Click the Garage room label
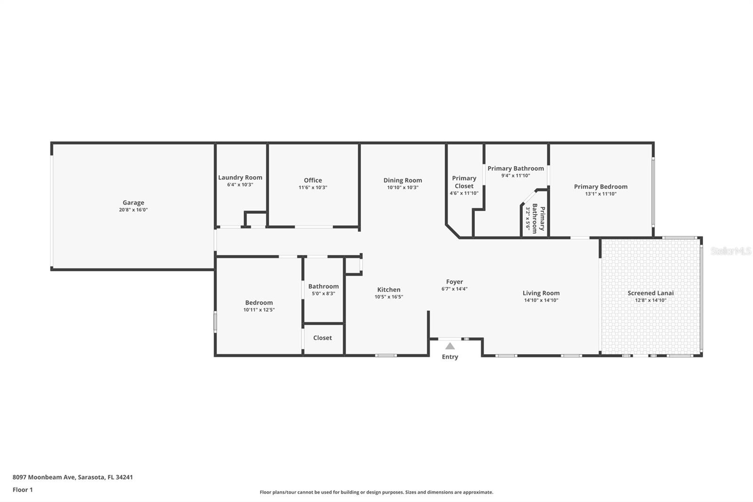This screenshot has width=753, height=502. click(133, 202)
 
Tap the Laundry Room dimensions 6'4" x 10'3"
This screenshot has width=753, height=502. click(240, 185)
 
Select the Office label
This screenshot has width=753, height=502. click(313, 180)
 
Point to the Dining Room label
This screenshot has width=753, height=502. click(402, 180)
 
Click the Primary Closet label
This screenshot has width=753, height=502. click(464, 182)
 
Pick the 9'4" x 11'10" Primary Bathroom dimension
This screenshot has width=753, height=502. click(515, 176)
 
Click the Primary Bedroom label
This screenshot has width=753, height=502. click(601, 186)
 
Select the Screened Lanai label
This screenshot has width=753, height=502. click(650, 293)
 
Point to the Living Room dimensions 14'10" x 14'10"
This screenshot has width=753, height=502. click(541, 300)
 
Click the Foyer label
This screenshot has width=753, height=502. click(455, 282)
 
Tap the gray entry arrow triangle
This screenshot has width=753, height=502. click(450, 346)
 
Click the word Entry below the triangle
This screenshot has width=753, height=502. click(450, 356)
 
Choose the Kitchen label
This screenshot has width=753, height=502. click(389, 290)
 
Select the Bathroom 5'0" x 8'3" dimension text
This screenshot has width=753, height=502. click(323, 293)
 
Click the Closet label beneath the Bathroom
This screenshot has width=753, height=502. click(322, 338)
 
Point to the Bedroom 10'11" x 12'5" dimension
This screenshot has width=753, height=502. click(259, 310)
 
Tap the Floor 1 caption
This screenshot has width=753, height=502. click(23, 490)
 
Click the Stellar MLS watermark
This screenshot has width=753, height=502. click(730, 251)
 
